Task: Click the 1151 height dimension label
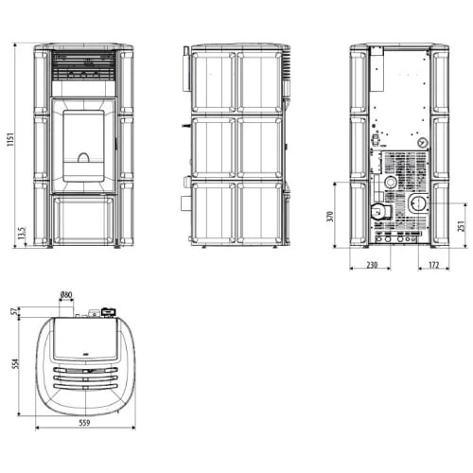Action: pyautogui.click(x=10, y=140)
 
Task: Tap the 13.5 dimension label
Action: pyautogui.click(x=21, y=233)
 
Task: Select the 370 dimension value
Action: pyautogui.click(x=330, y=217)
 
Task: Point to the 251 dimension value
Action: pyautogui.click(x=461, y=226)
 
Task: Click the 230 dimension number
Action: pyautogui.click(x=372, y=265)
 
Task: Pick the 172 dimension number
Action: pyautogui.click(x=434, y=265)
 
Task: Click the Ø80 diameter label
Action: pyautogui.click(x=66, y=295)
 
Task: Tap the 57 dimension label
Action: pyautogui.click(x=14, y=311)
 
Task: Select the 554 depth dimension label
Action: pyautogui.click(x=15, y=363)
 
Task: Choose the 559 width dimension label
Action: pyautogui.click(x=84, y=423)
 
